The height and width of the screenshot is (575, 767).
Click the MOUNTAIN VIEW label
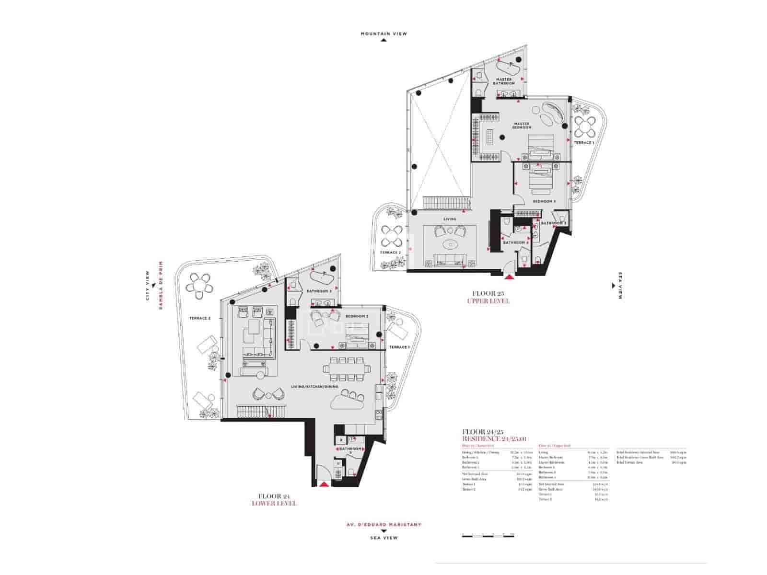(x=383, y=34)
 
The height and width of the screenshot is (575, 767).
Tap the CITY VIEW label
(x=148, y=286)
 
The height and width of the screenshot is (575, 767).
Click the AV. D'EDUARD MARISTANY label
(x=383, y=524)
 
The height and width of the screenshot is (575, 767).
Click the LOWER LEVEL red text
(x=274, y=504)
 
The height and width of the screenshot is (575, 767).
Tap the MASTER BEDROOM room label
(x=522, y=126)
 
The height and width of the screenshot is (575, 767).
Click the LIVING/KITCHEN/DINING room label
(x=314, y=387)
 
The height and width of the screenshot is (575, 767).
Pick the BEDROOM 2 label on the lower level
(x=357, y=317)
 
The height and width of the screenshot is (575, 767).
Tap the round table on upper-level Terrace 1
(x=585, y=126)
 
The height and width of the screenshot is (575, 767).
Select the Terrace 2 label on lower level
(x=200, y=318)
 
